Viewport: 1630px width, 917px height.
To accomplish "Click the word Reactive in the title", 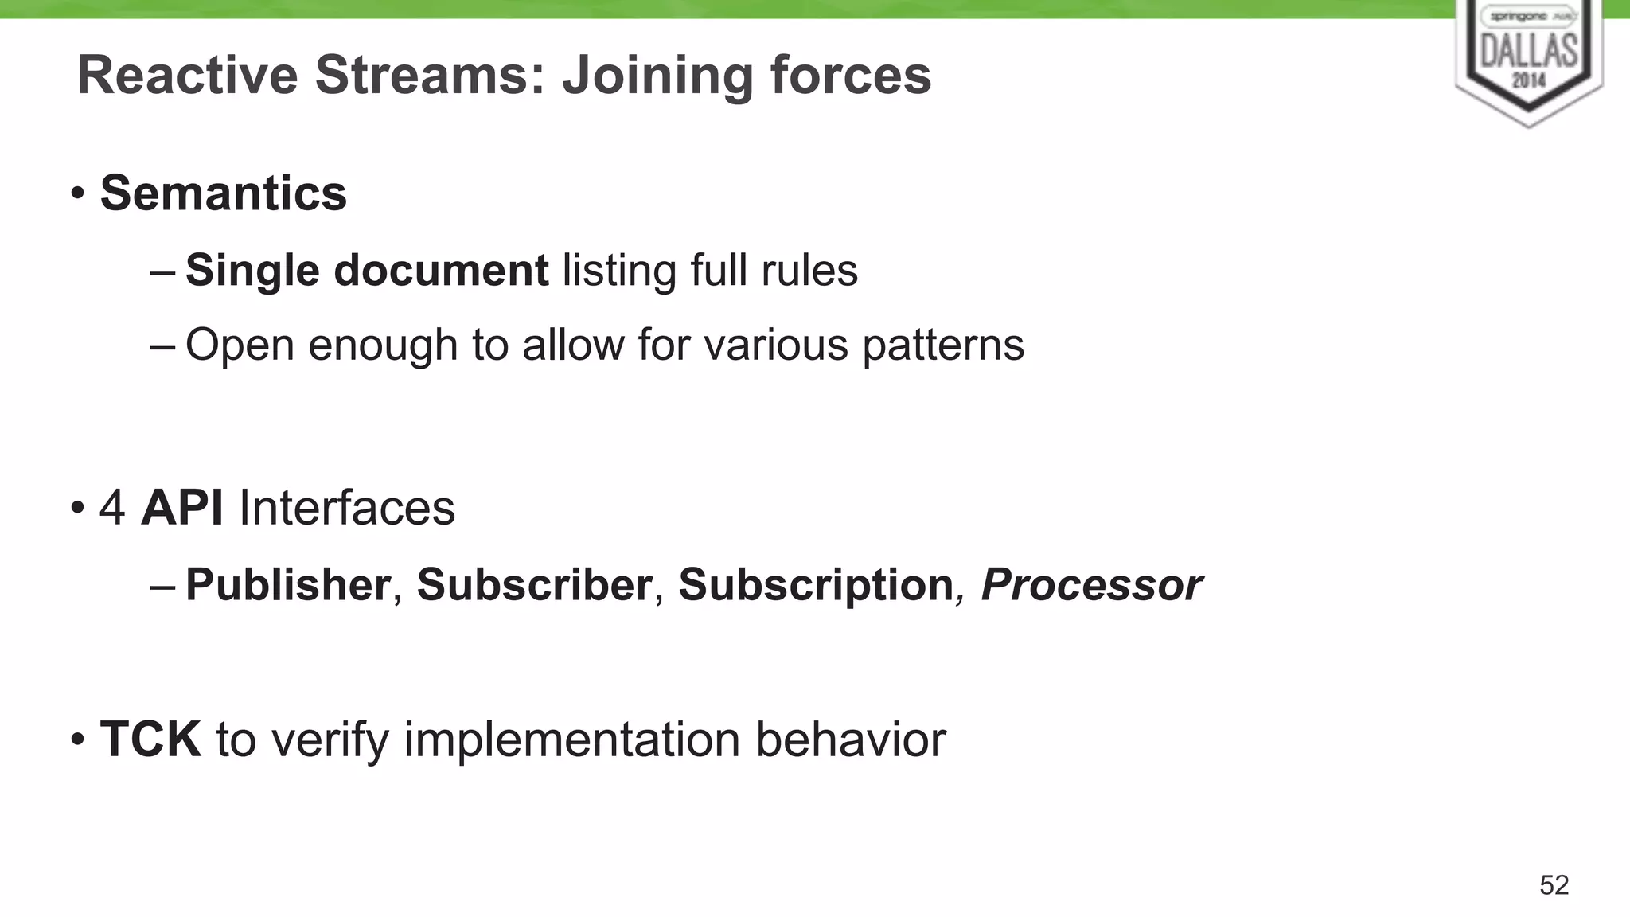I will [x=187, y=76].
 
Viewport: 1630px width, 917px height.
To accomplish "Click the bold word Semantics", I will [x=224, y=193].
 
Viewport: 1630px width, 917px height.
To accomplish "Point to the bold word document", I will [x=441, y=271].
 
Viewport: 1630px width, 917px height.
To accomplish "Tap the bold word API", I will [x=182, y=508].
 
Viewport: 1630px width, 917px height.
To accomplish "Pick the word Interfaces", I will [x=347, y=508].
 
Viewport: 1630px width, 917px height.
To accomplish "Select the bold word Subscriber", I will [x=535, y=585].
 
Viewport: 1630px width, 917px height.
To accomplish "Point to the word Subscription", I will [x=816, y=585].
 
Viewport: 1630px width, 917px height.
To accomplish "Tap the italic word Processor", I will [x=1091, y=585].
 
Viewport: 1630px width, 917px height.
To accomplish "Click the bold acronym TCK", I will [x=150, y=739].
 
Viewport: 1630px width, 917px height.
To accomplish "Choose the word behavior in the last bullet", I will [x=851, y=739].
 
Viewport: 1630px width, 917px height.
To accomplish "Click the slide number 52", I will [x=1554, y=885].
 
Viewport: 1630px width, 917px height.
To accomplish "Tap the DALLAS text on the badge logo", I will [x=1529, y=52].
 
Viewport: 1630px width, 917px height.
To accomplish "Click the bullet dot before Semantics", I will [x=77, y=193].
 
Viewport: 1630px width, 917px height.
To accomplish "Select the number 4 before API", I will [x=112, y=508].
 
